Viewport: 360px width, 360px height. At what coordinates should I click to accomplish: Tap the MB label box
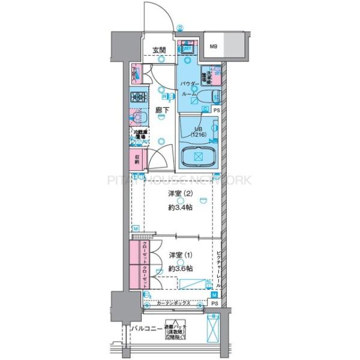(214, 46)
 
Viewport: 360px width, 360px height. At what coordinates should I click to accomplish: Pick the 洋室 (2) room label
(179, 193)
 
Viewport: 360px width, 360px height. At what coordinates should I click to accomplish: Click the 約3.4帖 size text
(179, 206)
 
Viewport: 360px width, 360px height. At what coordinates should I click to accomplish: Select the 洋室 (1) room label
(179, 255)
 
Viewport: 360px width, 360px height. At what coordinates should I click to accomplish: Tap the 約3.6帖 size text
(179, 268)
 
